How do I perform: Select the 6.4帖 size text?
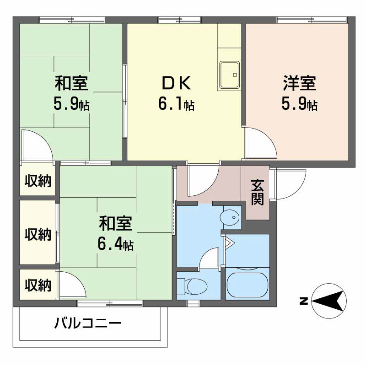point(115,245)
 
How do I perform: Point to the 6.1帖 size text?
point(176,105)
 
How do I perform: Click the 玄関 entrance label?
point(257,192)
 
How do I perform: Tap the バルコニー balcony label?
point(88,324)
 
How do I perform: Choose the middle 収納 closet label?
point(38,234)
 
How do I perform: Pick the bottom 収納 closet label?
point(38,285)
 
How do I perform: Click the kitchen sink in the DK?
point(229,75)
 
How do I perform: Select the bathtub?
point(247,286)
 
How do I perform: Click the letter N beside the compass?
point(303,301)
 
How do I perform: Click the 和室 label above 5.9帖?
point(71,85)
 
